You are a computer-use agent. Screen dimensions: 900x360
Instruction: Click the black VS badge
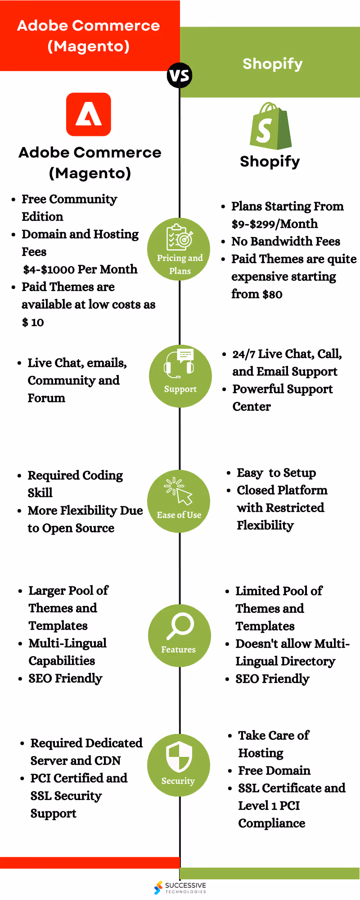coord(180,75)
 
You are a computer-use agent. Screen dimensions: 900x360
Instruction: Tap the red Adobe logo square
coord(89,114)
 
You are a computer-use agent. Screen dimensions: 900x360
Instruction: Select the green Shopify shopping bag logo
coord(270,126)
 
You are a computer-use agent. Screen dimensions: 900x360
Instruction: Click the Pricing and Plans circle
coord(179,249)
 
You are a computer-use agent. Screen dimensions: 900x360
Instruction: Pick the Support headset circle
coord(180,376)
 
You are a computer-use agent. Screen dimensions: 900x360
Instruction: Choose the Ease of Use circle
coord(179,501)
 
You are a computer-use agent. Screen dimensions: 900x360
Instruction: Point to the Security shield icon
coord(179,757)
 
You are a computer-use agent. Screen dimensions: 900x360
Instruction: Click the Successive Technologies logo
coord(180,887)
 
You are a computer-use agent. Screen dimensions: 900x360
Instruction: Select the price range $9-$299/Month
coord(274,224)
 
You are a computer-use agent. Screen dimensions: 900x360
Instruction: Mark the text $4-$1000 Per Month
coord(80,270)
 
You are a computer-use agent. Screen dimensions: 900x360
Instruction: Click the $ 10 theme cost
coord(33,322)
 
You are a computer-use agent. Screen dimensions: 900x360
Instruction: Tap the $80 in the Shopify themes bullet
coord(272,294)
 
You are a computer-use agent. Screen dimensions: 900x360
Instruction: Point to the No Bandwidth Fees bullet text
coord(285,242)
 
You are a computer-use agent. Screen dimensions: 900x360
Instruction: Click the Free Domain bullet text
coord(274,771)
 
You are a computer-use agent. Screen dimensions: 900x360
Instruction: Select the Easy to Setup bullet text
coord(276,473)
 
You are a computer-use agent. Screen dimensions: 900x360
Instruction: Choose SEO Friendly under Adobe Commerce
coord(65,679)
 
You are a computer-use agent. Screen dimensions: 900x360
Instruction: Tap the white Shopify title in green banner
coord(272,64)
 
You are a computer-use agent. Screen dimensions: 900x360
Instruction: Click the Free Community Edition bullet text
coord(69,207)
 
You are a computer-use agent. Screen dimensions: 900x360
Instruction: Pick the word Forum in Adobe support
coord(46,398)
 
